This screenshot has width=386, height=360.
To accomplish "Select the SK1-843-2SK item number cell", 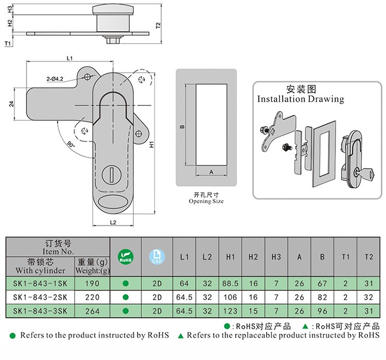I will (x=41, y=297).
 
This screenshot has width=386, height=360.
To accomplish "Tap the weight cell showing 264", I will (x=93, y=310).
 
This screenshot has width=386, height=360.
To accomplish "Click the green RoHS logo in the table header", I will (x=126, y=257).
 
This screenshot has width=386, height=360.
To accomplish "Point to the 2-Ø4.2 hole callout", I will (x=55, y=79).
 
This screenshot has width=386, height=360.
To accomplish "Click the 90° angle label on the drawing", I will (x=71, y=145).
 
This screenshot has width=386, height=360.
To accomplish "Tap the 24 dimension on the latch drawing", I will (x=11, y=104).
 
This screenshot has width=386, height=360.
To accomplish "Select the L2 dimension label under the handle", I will (x=114, y=222).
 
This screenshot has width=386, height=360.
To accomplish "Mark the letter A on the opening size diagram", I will (x=211, y=172).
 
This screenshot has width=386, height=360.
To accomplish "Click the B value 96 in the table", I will (x=322, y=310).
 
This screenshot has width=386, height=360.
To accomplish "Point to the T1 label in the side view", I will (x=7, y=45).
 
